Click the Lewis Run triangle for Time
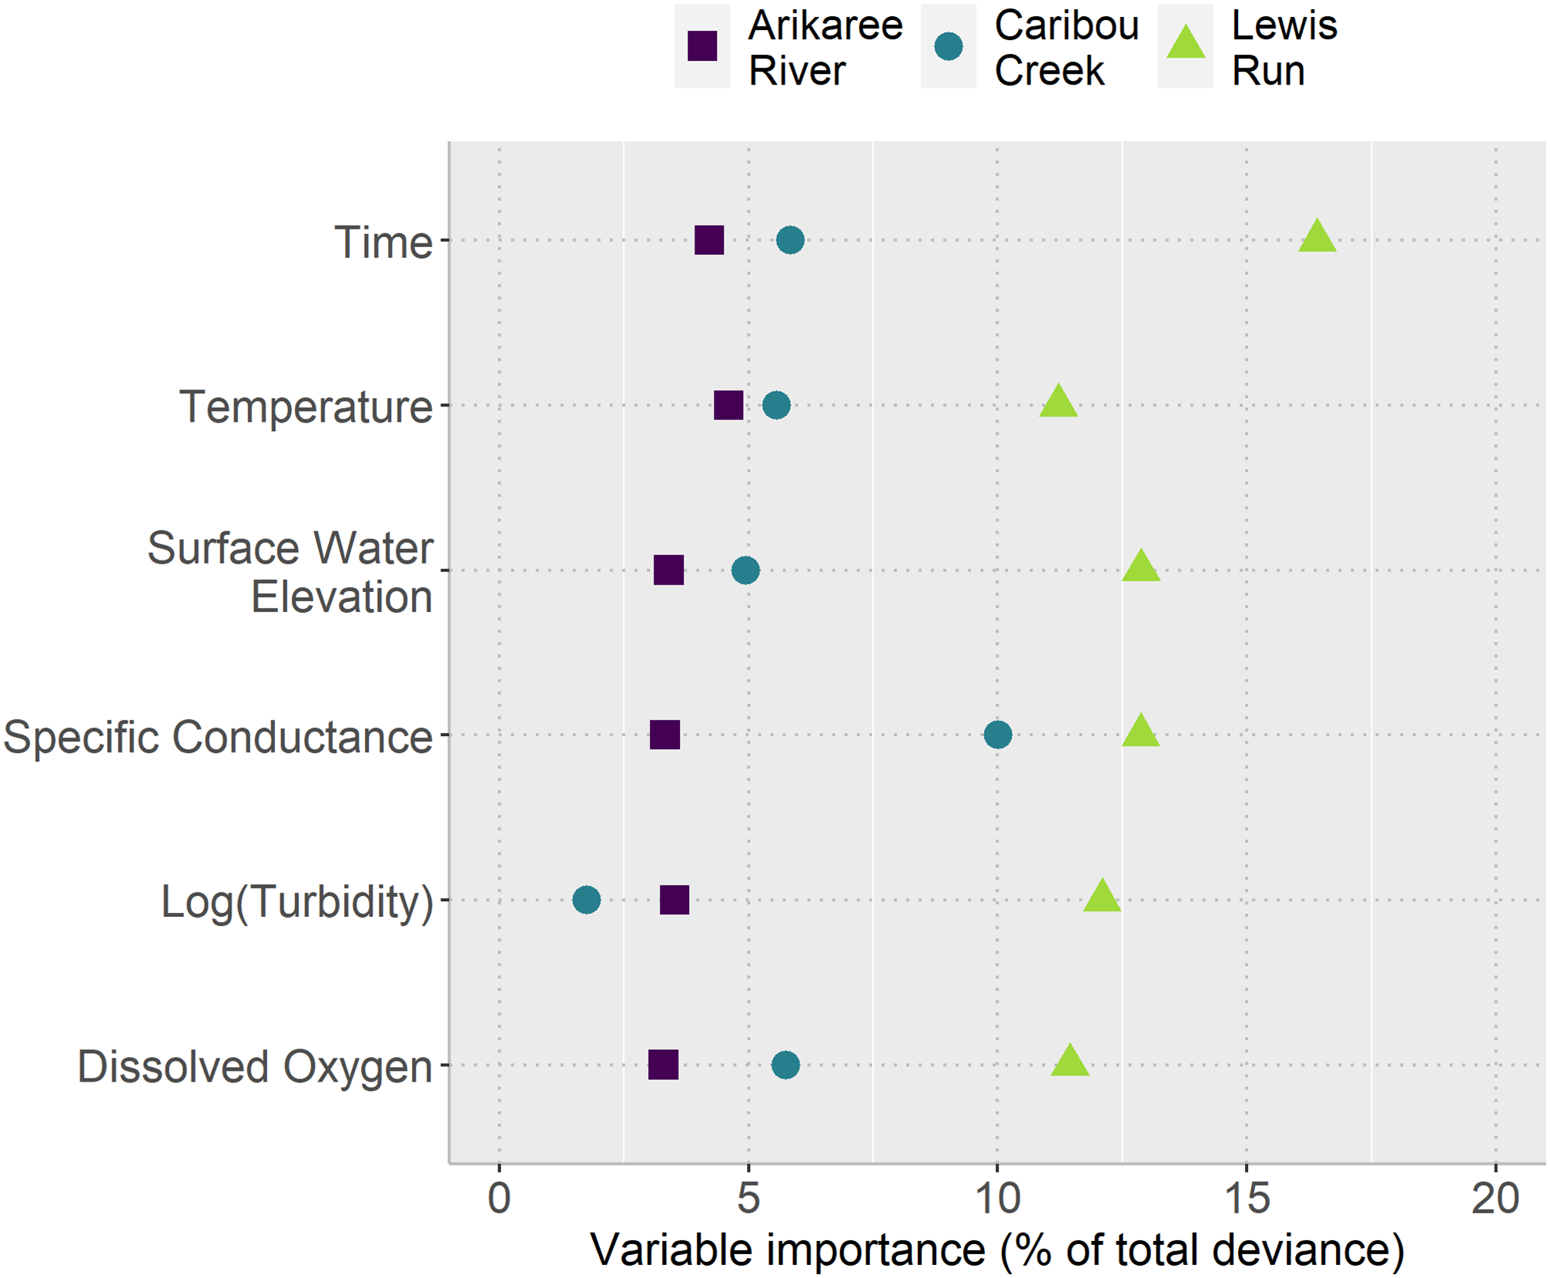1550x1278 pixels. point(1317,237)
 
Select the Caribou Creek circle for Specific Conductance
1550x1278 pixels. point(997,734)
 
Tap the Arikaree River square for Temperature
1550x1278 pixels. point(728,405)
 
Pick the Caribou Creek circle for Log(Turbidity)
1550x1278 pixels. point(586,899)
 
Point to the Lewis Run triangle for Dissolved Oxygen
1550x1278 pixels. point(1070,1062)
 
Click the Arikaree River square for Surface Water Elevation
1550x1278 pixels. point(668,570)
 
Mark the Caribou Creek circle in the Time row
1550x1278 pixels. point(790,240)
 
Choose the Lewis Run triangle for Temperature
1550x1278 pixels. point(1058,402)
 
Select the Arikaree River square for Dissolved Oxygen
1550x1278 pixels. point(663,1065)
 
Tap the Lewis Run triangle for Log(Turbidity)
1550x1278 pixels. point(1102,896)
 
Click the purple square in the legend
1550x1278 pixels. point(702,46)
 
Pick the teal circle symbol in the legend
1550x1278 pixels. point(948,46)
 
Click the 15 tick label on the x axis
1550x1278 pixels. point(1247,1199)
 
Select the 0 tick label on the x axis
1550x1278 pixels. point(499,1199)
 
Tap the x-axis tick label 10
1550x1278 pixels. point(997,1199)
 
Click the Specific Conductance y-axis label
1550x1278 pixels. point(218,737)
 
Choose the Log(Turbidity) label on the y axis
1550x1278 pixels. point(297,902)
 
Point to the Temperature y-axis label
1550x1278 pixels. point(306,406)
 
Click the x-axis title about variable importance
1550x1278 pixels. point(997,1249)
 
